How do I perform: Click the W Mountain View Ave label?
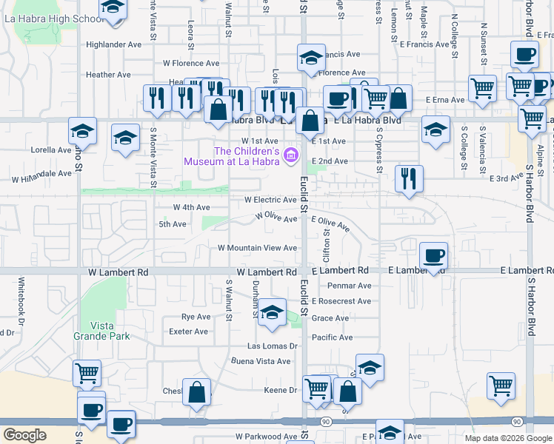click(x=257, y=248)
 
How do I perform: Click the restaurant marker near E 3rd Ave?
click(x=409, y=179)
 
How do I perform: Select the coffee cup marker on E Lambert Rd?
click(x=433, y=256)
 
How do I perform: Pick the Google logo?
click(x=24, y=435)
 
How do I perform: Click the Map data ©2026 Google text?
click(x=507, y=438)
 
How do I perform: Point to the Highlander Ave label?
click(x=113, y=44)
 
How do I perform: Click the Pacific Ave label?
click(x=332, y=337)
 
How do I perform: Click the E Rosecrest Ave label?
click(x=341, y=301)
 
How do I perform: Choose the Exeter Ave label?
click(x=189, y=332)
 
